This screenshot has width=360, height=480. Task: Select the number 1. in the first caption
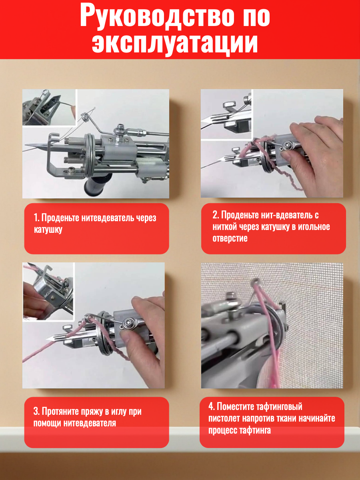coord(37,218)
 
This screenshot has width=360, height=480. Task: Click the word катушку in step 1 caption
coord(48,229)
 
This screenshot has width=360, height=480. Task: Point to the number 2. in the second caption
coord(216,215)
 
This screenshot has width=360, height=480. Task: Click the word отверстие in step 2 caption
coord(230,238)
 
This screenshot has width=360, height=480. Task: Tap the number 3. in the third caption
coord(36,411)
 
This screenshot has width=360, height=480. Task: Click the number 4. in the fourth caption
coord(212,406)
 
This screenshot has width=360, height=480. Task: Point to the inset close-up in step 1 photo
coord(50,107)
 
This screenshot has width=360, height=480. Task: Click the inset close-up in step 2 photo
coord(226,114)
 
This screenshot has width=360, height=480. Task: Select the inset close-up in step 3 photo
coord(48,292)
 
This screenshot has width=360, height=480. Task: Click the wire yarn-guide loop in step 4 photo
coord(255,284)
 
